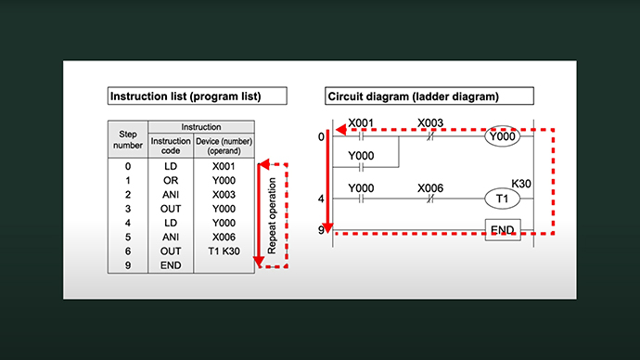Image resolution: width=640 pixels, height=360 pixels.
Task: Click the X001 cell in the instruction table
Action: [x=224, y=166]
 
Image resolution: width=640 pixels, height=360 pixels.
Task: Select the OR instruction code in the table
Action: [x=171, y=180]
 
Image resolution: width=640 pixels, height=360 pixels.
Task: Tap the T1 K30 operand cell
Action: [x=224, y=251]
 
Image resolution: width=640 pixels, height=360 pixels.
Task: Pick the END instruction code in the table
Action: [x=171, y=265]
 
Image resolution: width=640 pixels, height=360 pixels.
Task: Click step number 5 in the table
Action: [x=128, y=238]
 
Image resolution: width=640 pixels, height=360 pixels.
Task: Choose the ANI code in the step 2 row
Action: [x=171, y=195]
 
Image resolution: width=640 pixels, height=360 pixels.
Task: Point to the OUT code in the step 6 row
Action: [x=171, y=251]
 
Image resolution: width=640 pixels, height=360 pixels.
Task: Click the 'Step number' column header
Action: [x=128, y=139]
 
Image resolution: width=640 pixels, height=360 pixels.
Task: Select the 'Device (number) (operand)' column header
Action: [x=224, y=146]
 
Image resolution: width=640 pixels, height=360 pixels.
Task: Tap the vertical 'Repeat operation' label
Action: [x=272, y=215]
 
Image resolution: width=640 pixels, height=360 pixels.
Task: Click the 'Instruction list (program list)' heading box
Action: [x=198, y=96]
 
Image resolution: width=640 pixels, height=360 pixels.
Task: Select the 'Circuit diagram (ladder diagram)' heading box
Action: [x=429, y=96]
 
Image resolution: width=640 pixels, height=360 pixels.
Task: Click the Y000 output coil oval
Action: [x=502, y=136]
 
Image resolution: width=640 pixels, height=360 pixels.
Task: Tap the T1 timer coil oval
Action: [x=502, y=199]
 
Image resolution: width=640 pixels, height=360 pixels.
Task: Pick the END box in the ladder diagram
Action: [x=503, y=230]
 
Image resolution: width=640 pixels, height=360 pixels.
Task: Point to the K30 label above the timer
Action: [x=521, y=184]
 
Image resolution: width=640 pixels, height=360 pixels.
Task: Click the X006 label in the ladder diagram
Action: [x=430, y=188]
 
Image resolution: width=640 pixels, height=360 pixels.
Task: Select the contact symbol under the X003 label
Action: [x=429, y=136]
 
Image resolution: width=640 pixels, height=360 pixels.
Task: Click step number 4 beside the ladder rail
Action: [x=321, y=199]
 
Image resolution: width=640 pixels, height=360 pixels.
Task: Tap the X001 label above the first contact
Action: [x=361, y=122]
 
